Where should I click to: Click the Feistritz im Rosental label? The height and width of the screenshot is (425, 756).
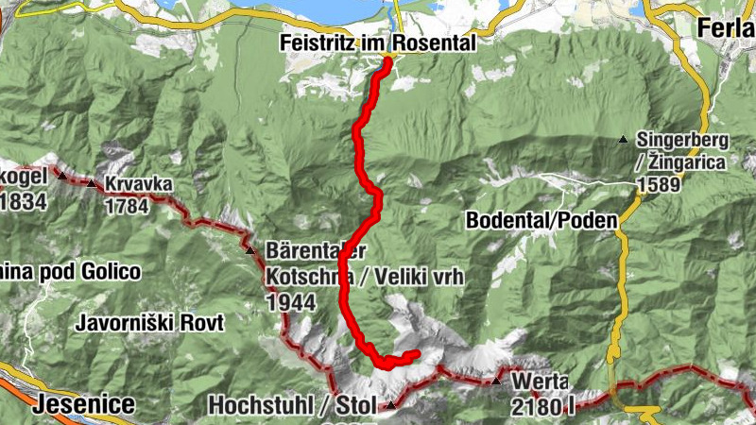377,43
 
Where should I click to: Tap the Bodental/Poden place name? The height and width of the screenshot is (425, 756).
541,220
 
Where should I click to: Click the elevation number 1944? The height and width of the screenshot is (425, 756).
290,302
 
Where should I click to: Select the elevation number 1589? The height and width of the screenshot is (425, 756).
658,184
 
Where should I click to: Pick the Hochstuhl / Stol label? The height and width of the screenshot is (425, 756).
290,405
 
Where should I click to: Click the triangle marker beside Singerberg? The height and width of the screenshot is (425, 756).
623,141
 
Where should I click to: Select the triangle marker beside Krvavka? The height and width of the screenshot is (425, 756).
92,183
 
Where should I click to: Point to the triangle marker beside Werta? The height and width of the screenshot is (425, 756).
497,382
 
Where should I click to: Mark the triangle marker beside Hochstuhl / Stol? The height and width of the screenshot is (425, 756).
390,405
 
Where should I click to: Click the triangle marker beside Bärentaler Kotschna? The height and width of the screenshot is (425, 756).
250,251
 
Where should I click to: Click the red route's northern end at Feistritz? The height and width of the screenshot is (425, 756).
387,63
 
